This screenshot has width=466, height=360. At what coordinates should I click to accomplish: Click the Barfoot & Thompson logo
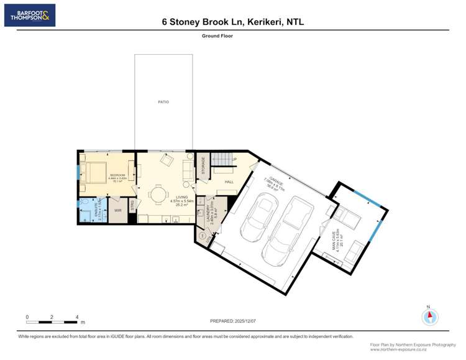point(30,15)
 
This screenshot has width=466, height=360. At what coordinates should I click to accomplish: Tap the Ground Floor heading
point(217,36)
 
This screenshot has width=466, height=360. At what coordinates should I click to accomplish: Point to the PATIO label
point(163,102)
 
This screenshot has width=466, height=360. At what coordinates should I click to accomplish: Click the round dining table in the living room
point(160,195)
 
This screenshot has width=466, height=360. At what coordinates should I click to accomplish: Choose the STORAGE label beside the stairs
point(203,167)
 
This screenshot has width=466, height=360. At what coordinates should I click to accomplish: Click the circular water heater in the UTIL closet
point(203,236)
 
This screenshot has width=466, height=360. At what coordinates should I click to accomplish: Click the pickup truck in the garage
point(284,229)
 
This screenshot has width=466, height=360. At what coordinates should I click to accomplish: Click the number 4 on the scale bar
point(77,317)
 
